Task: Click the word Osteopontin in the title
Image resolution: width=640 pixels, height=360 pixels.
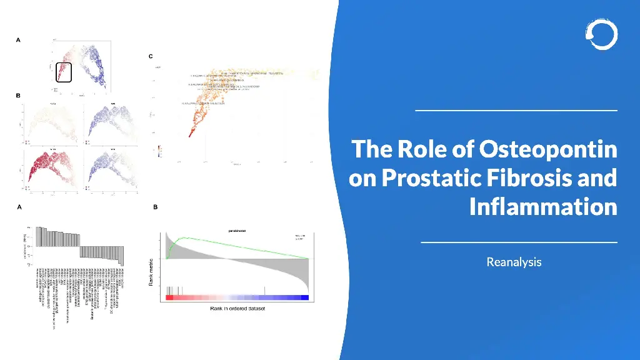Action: pyautogui.click(x=548, y=150)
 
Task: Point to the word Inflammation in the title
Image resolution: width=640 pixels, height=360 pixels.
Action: pyautogui.click(x=542, y=206)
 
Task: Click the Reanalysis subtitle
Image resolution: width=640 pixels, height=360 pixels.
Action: pyautogui.click(x=514, y=262)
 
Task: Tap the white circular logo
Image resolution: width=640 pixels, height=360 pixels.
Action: pyautogui.click(x=601, y=34)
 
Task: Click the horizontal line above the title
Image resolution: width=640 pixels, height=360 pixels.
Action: pyautogui.click(x=516, y=111)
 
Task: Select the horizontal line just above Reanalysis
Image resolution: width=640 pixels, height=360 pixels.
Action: pyautogui.click(x=519, y=242)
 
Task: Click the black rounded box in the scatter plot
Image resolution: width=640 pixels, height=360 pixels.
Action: pyautogui.click(x=64, y=72)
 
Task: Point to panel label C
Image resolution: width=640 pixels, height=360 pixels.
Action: pyautogui.click(x=151, y=56)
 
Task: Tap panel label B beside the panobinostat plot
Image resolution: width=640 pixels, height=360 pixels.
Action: pyautogui.click(x=156, y=207)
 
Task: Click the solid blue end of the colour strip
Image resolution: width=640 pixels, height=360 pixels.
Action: pyautogui.click(x=304, y=297)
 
